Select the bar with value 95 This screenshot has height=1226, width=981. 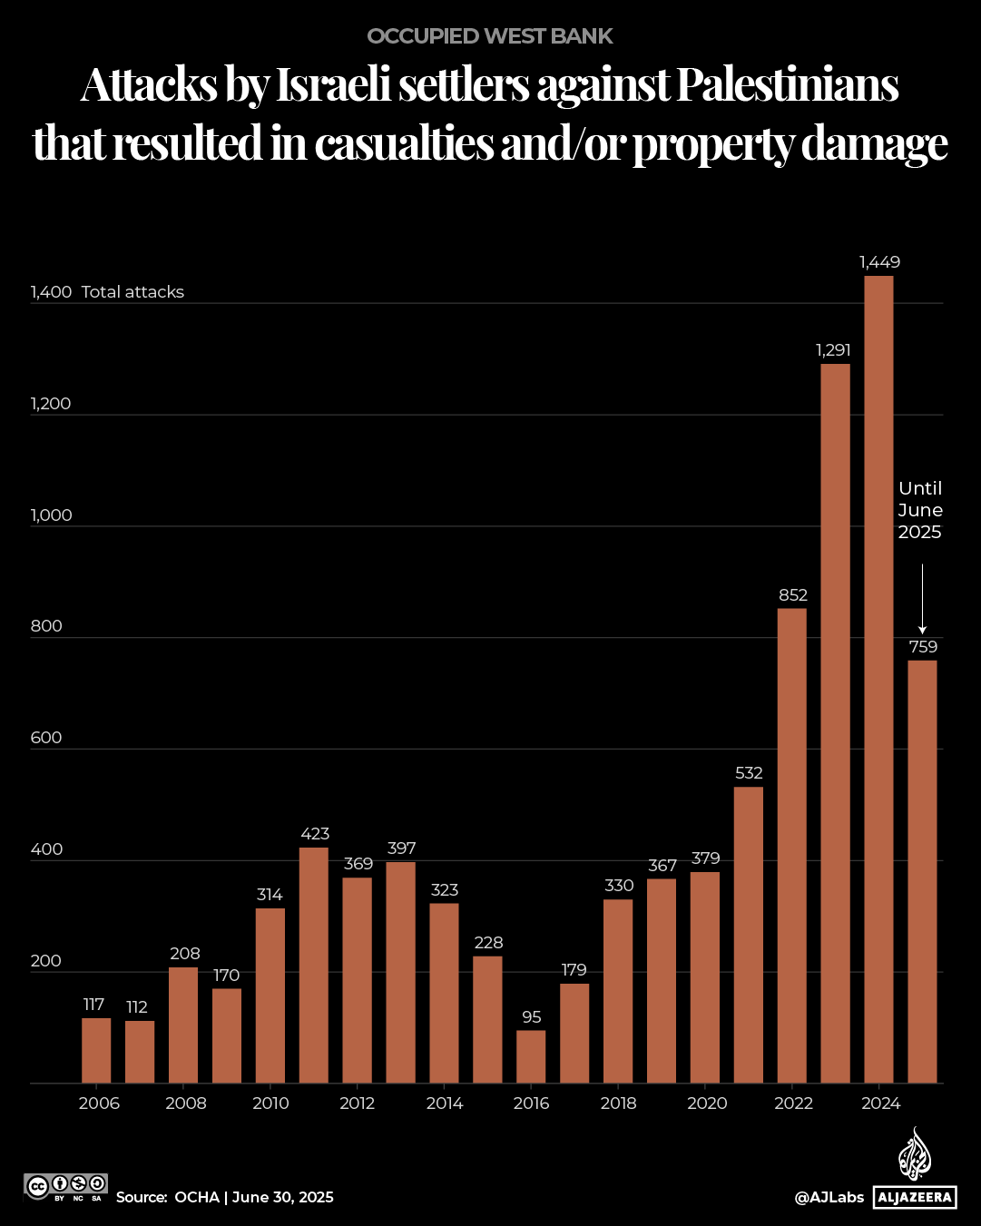(531, 1056)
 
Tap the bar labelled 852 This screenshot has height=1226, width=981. (792, 845)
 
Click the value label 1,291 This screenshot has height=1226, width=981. (833, 350)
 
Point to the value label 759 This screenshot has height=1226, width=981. (923, 647)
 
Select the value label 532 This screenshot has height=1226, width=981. (749, 773)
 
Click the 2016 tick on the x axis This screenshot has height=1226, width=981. (531, 1103)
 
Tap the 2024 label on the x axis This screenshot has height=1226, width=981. (879, 1103)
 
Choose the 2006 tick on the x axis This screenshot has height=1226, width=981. (98, 1103)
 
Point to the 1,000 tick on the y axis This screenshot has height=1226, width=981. (51, 515)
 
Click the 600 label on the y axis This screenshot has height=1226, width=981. (46, 738)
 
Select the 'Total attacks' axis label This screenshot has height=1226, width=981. (132, 292)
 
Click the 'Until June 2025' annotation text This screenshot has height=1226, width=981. (920, 510)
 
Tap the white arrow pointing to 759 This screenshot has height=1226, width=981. (922, 599)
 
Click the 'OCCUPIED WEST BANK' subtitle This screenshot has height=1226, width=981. (490, 36)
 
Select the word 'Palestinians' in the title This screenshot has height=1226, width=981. (787, 86)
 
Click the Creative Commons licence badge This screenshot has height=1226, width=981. (66, 1187)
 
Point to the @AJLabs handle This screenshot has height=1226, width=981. (829, 1198)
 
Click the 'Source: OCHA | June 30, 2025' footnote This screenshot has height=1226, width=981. (225, 1198)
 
